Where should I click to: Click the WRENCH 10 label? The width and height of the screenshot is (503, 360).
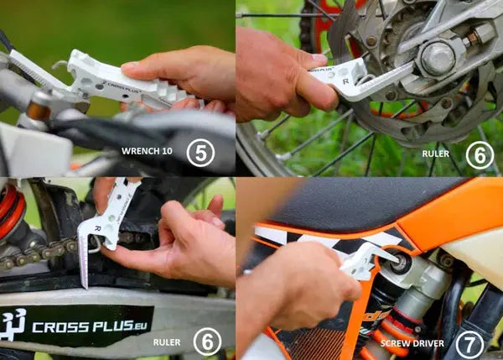point(148,153)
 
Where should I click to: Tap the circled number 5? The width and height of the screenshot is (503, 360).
point(200,152)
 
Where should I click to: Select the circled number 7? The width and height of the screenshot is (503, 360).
point(469,342)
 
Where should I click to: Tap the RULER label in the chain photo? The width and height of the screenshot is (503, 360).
point(166,342)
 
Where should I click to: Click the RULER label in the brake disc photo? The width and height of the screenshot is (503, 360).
point(435,154)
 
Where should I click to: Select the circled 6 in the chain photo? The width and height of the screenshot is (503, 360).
point(207,342)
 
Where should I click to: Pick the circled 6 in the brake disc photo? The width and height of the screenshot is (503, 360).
point(480,154)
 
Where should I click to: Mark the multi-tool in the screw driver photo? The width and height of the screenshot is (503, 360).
point(366,259)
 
